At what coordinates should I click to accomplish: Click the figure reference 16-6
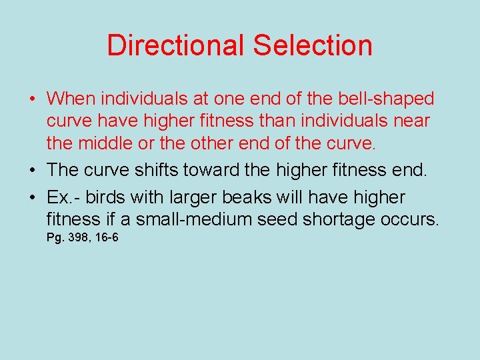tap(105, 237)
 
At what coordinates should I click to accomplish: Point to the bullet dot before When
tap(33, 100)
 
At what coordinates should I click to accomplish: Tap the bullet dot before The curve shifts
tap(33, 171)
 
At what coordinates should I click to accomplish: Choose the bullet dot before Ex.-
tap(33, 199)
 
